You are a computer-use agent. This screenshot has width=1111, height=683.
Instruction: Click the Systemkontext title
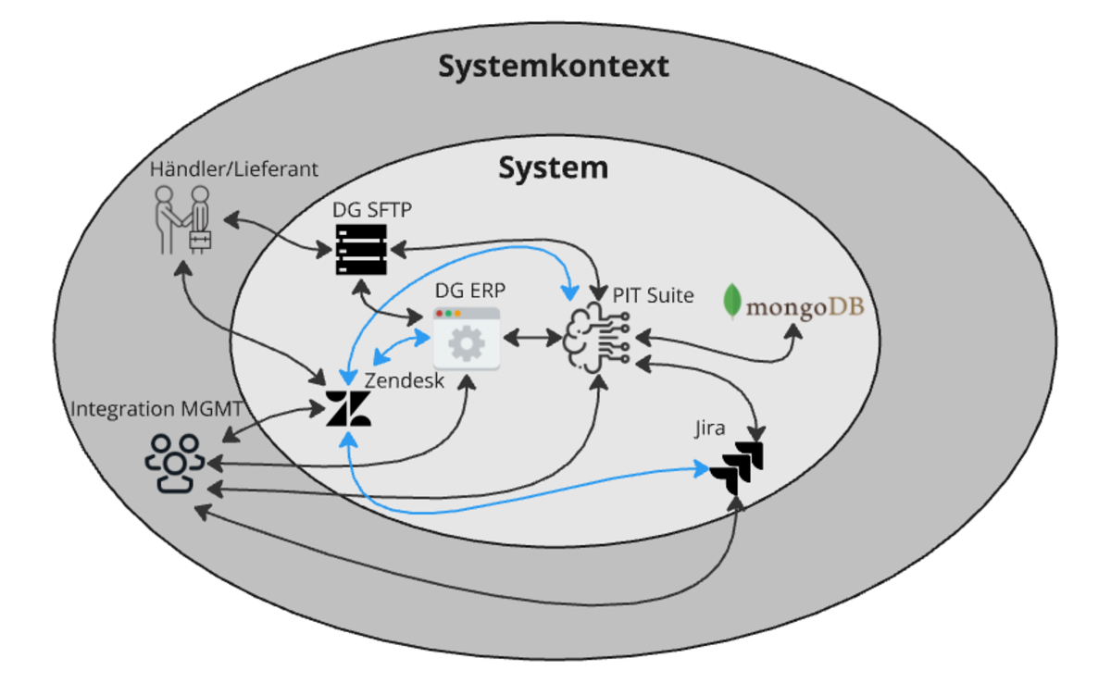[554, 67]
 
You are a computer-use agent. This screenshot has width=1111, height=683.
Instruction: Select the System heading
[553, 168]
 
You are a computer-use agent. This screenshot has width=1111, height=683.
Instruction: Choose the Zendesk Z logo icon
[348, 410]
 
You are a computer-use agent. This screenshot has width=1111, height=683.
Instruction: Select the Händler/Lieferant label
[234, 169]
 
